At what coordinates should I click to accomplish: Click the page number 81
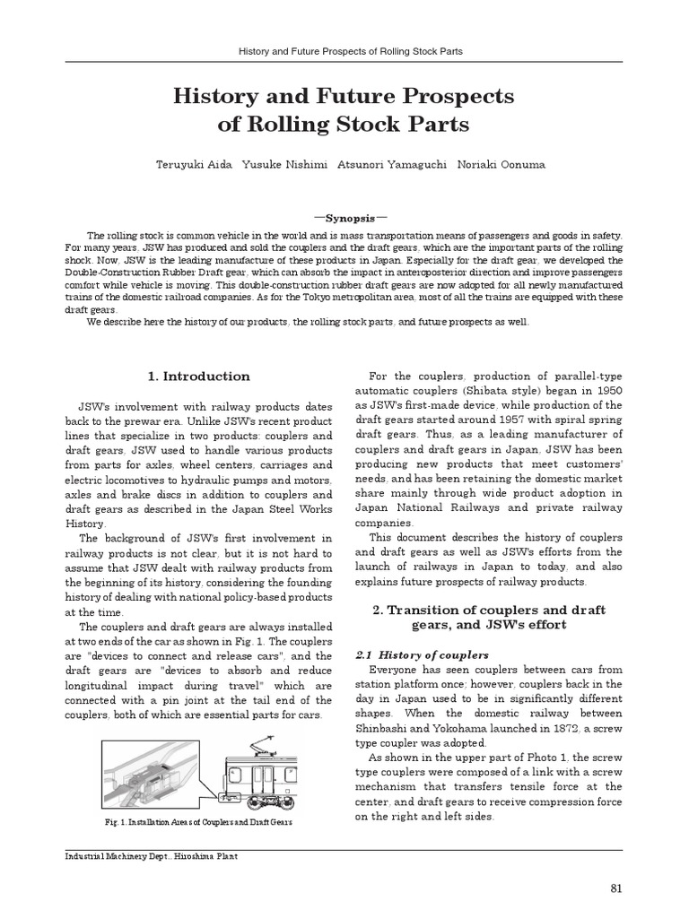[x=615, y=888]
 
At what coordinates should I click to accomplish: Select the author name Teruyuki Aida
[x=193, y=165]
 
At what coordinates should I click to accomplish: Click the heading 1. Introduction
[x=197, y=376]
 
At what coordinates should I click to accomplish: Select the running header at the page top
[x=344, y=51]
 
